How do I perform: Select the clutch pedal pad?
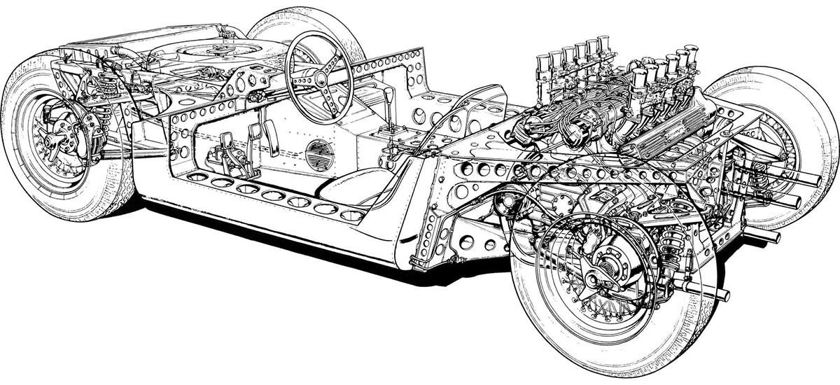pos(227,144)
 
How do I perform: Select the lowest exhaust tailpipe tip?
pos(721,294)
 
